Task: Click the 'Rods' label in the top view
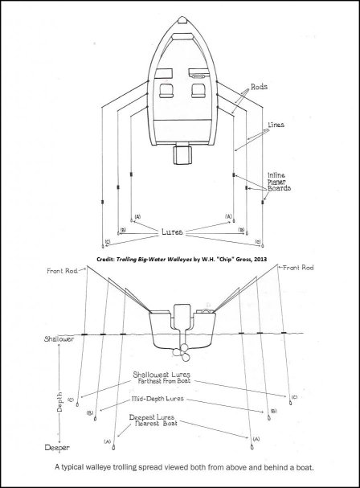tap(259, 87)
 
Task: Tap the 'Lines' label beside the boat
tap(276, 125)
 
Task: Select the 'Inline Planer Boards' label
tap(279, 182)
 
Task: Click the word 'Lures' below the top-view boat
tap(172, 232)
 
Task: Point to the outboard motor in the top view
tap(182, 154)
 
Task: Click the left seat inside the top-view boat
tap(166, 91)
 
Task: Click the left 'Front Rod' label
tap(62, 271)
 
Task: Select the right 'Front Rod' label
tap(298, 268)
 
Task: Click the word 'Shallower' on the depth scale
tap(59, 338)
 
